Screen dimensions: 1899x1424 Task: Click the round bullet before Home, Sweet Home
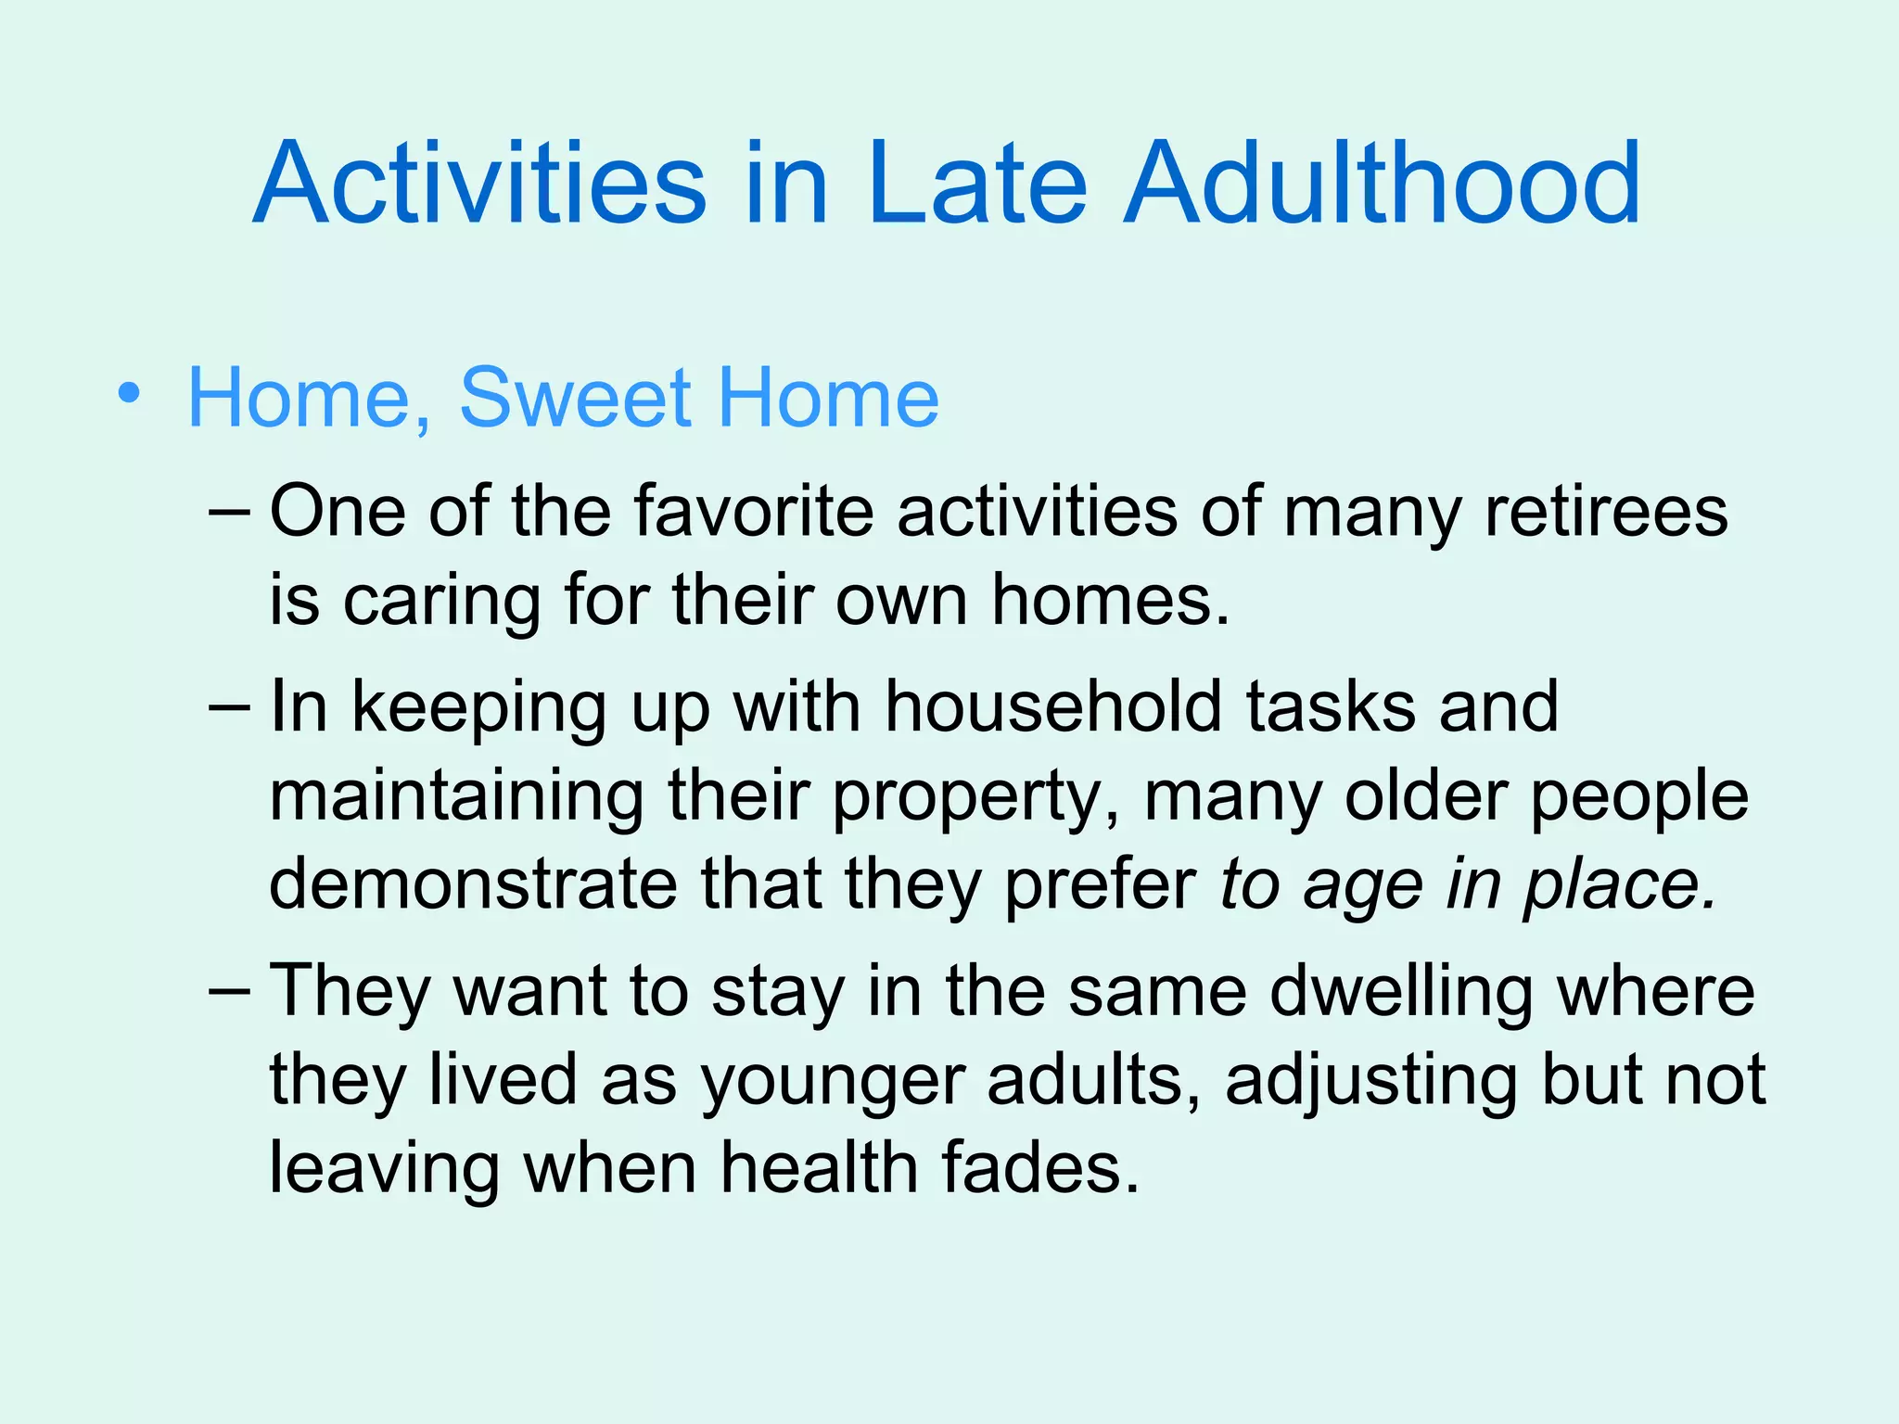coord(130,394)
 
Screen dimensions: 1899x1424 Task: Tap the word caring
coord(442,602)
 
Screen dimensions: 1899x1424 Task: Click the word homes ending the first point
coord(1110,600)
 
